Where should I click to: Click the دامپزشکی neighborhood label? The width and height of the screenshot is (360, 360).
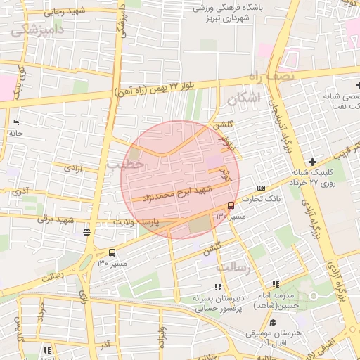(x=36, y=29)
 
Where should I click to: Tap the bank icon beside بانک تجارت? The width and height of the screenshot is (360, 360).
(x=262, y=188)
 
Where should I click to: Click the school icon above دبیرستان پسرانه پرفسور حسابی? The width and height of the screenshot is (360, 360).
(x=218, y=287)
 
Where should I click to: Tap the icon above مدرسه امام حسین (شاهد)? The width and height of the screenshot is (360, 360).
(x=276, y=284)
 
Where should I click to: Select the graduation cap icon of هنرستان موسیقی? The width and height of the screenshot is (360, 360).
(x=273, y=322)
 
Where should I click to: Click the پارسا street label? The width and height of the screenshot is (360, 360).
(x=153, y=222)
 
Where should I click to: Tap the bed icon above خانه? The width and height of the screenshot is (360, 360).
(x=16, y=122)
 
